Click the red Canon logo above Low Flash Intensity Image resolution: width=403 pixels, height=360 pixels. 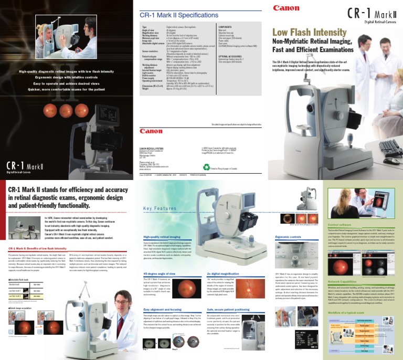(287, 8)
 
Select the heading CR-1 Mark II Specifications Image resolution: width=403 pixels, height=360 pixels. (176, 16)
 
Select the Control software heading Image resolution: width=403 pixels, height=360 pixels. (340, 223)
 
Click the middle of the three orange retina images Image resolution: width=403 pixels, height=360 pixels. (67, 111)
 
